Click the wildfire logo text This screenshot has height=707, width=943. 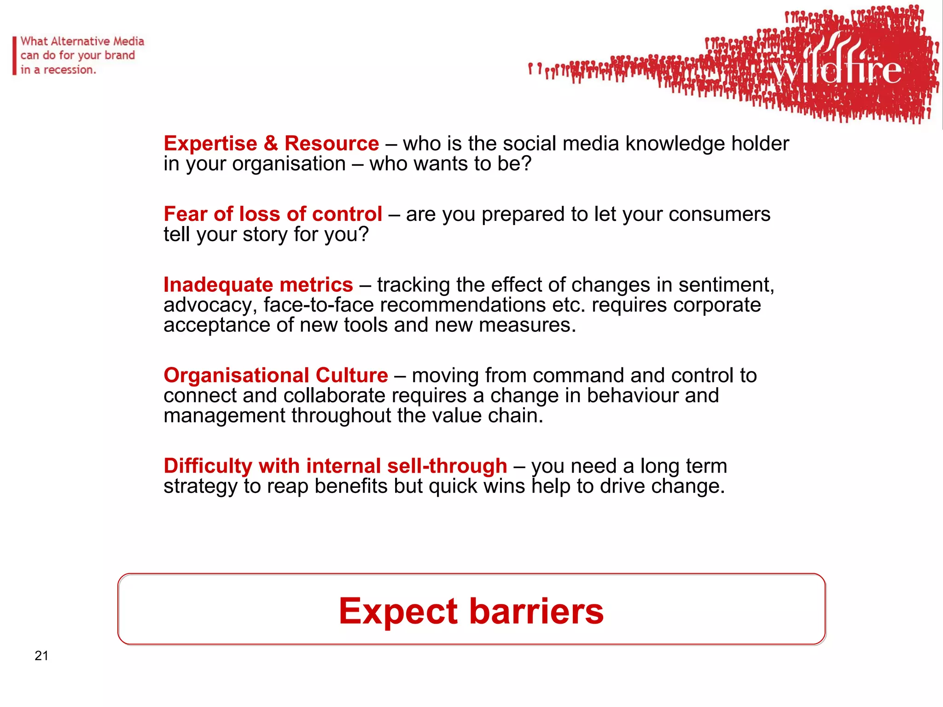[836, 69]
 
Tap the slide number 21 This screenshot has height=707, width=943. [41, 655]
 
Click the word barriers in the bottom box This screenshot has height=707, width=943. [536, 611]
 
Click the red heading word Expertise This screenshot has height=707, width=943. [210, 144]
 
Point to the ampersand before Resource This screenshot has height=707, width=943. [271, 144]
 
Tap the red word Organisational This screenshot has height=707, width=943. [236, 376]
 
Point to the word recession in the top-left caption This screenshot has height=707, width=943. [69, 70]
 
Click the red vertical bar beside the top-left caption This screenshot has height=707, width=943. [15, 56]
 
